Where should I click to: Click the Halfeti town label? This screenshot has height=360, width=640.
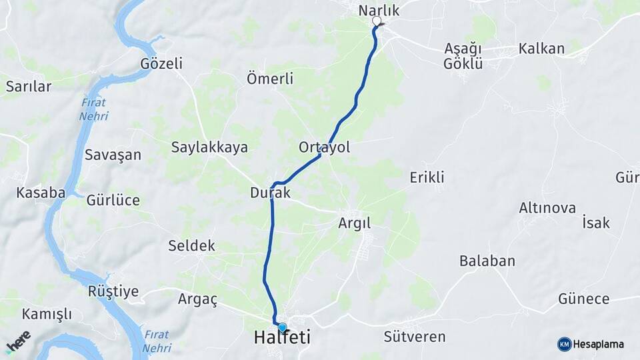coord(282,338)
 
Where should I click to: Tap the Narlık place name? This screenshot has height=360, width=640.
coord(379,10)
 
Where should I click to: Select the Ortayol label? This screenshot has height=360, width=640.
coord(325,147)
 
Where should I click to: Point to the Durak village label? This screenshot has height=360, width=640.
coord(271,193)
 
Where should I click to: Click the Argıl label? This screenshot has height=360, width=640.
coord(354,223)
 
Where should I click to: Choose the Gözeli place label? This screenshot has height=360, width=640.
coord(161,63)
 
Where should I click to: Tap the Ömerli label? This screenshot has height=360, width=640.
coord(270,79)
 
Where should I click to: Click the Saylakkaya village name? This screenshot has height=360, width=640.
coord(209,147)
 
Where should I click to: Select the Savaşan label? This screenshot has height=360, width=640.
coord(113,155)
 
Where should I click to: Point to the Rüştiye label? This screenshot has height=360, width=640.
coord(113,291)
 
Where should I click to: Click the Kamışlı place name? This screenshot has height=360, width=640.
coord(47,314)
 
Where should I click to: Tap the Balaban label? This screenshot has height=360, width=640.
coord(487,261)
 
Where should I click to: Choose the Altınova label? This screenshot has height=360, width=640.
coord(547,208)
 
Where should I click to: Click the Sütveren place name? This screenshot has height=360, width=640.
coord(414,337)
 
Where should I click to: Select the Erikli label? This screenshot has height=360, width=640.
coord(427,177)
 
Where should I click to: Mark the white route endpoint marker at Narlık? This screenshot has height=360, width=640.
coord(377,21)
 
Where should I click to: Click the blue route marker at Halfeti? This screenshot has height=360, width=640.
coord(282,327)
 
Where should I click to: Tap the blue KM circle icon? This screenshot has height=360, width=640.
coord(565,344)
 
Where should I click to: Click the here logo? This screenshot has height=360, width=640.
coord(18,341)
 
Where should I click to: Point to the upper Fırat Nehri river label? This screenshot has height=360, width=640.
coord(94,109)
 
